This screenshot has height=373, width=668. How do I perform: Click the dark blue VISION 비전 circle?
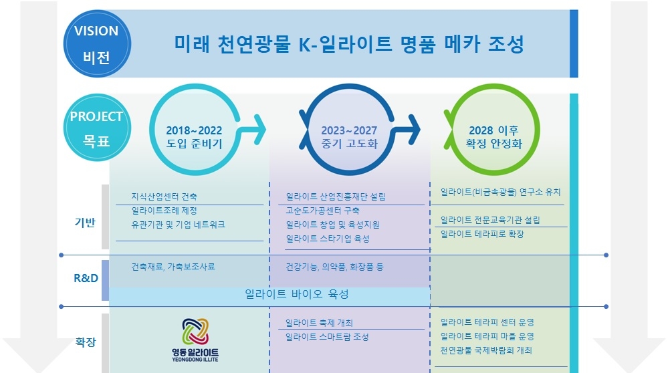[x=97, y=44]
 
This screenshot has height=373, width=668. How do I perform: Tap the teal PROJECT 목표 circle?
[x=97, y=128]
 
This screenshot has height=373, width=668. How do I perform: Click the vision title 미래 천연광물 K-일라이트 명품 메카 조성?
[x=349, y=44]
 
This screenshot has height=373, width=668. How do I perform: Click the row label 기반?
[x=85, y=223]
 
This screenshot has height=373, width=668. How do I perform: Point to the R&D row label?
[x=86, y=278]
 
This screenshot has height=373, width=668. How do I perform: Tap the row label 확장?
[x=85, y=342]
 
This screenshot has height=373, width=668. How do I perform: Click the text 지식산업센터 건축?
[x=164, y=197]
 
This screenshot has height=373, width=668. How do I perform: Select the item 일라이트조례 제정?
[x=164, y=211]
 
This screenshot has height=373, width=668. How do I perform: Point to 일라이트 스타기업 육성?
[x=328, y=239]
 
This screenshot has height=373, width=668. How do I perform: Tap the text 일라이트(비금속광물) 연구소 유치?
[x=501, y=192]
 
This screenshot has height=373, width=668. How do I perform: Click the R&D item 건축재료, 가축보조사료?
[x=173, y=267]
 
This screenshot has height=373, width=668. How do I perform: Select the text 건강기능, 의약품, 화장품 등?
[x=334, y=267]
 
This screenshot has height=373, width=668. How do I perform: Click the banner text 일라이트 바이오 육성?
[x=296, y=294]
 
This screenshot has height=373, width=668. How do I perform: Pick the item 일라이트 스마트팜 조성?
[x=327, y=337]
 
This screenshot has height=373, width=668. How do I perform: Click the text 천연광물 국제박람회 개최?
[x=486, y=350]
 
